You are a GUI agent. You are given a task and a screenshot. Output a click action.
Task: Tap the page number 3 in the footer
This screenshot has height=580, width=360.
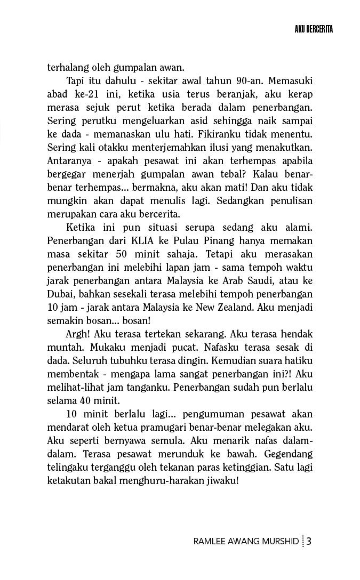tap(309, 542)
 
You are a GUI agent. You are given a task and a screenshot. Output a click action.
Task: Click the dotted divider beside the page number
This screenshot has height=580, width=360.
tap(302, 542)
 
